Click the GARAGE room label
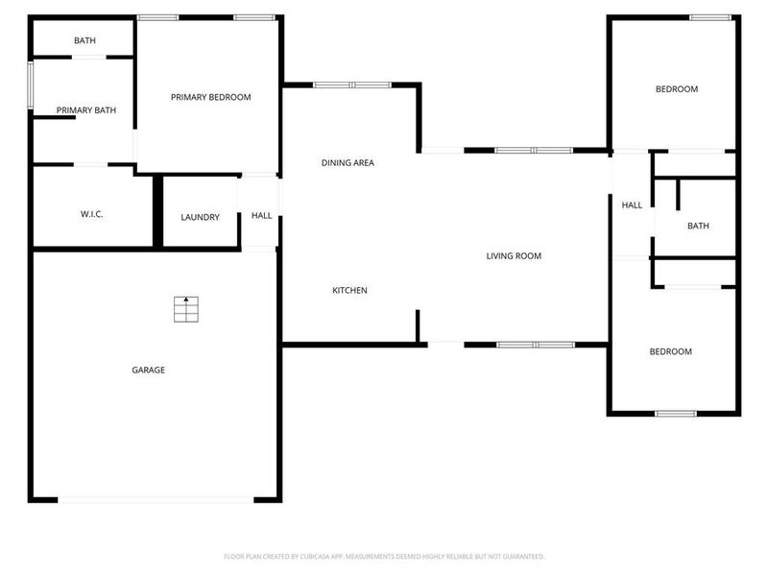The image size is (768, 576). point(148,370)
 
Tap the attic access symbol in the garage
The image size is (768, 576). point(186,309)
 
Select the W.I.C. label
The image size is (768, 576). point(91,214)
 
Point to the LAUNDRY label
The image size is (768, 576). point(200,217)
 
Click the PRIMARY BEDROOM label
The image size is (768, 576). point(210,97)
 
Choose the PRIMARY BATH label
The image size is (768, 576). point(86,110)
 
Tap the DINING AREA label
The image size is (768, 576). point(348,163)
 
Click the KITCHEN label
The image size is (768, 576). point(349,290)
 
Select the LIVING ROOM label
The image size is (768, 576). point(514,255)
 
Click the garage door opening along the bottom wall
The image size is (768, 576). point(156,499)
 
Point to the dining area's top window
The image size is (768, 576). point(352,85)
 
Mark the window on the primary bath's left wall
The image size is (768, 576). point(30,85)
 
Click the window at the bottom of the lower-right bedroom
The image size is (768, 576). point(675,414)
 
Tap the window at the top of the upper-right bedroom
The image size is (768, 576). point(710,16)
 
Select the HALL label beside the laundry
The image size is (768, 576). point(261,216)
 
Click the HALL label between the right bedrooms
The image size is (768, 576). point(632,205)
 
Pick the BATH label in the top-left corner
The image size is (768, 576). point(84,40)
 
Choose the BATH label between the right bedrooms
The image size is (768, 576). point(698,227)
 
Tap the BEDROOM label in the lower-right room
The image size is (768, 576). point(670,351)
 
